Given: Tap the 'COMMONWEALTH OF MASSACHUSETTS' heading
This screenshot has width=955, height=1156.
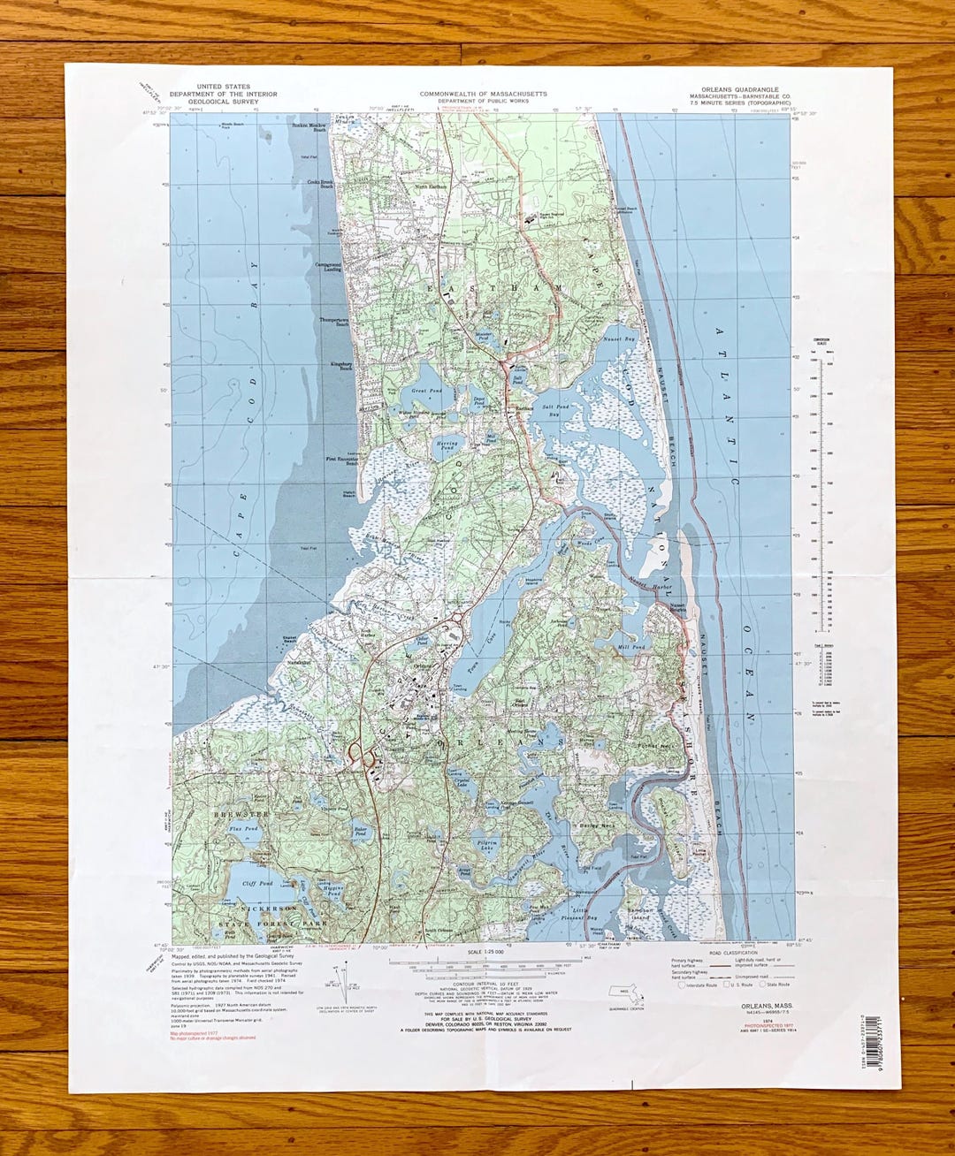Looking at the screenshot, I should pyautogui.click(x=483, y=94).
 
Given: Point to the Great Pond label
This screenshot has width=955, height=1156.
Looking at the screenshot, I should pyautogui.click(x=426, y=390).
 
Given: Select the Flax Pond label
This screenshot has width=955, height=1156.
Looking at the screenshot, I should pyautogui.click(x=243, y=829).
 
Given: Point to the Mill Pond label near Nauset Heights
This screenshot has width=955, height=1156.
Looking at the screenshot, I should pyautogui.click(x=632, y=648).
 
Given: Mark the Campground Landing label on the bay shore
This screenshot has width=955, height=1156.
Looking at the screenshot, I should pyautogui.click(x=328, y=266).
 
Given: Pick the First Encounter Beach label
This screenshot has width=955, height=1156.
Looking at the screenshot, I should pyautogui.click(x=342, y=460).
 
